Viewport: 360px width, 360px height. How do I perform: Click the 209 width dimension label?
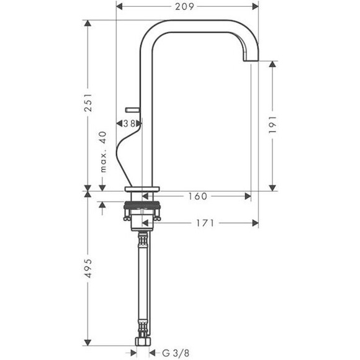point(184,7)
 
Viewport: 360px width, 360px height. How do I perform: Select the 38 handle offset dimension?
point(129,124)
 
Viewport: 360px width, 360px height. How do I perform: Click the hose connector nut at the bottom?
point(143,343)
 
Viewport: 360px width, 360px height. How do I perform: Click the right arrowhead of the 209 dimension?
point(254,7)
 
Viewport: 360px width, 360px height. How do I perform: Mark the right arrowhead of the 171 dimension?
point(254,222)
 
